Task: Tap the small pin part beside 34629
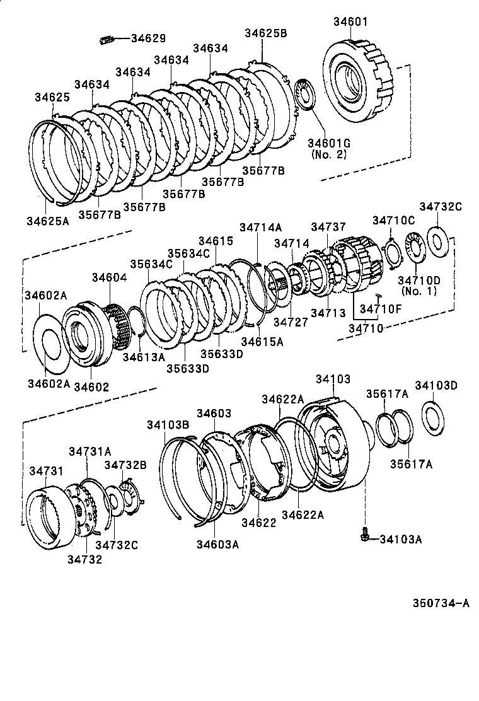point(106,40)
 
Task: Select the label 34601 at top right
point(350,23)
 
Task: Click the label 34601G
point(328,142)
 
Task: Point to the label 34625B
point(265,33)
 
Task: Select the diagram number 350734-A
point(441,603)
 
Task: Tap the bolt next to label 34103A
point(364,536)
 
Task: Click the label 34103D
point(436,386)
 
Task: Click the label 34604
point(109,277)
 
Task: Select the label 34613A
point(144,357)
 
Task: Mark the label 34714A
point(260,228)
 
